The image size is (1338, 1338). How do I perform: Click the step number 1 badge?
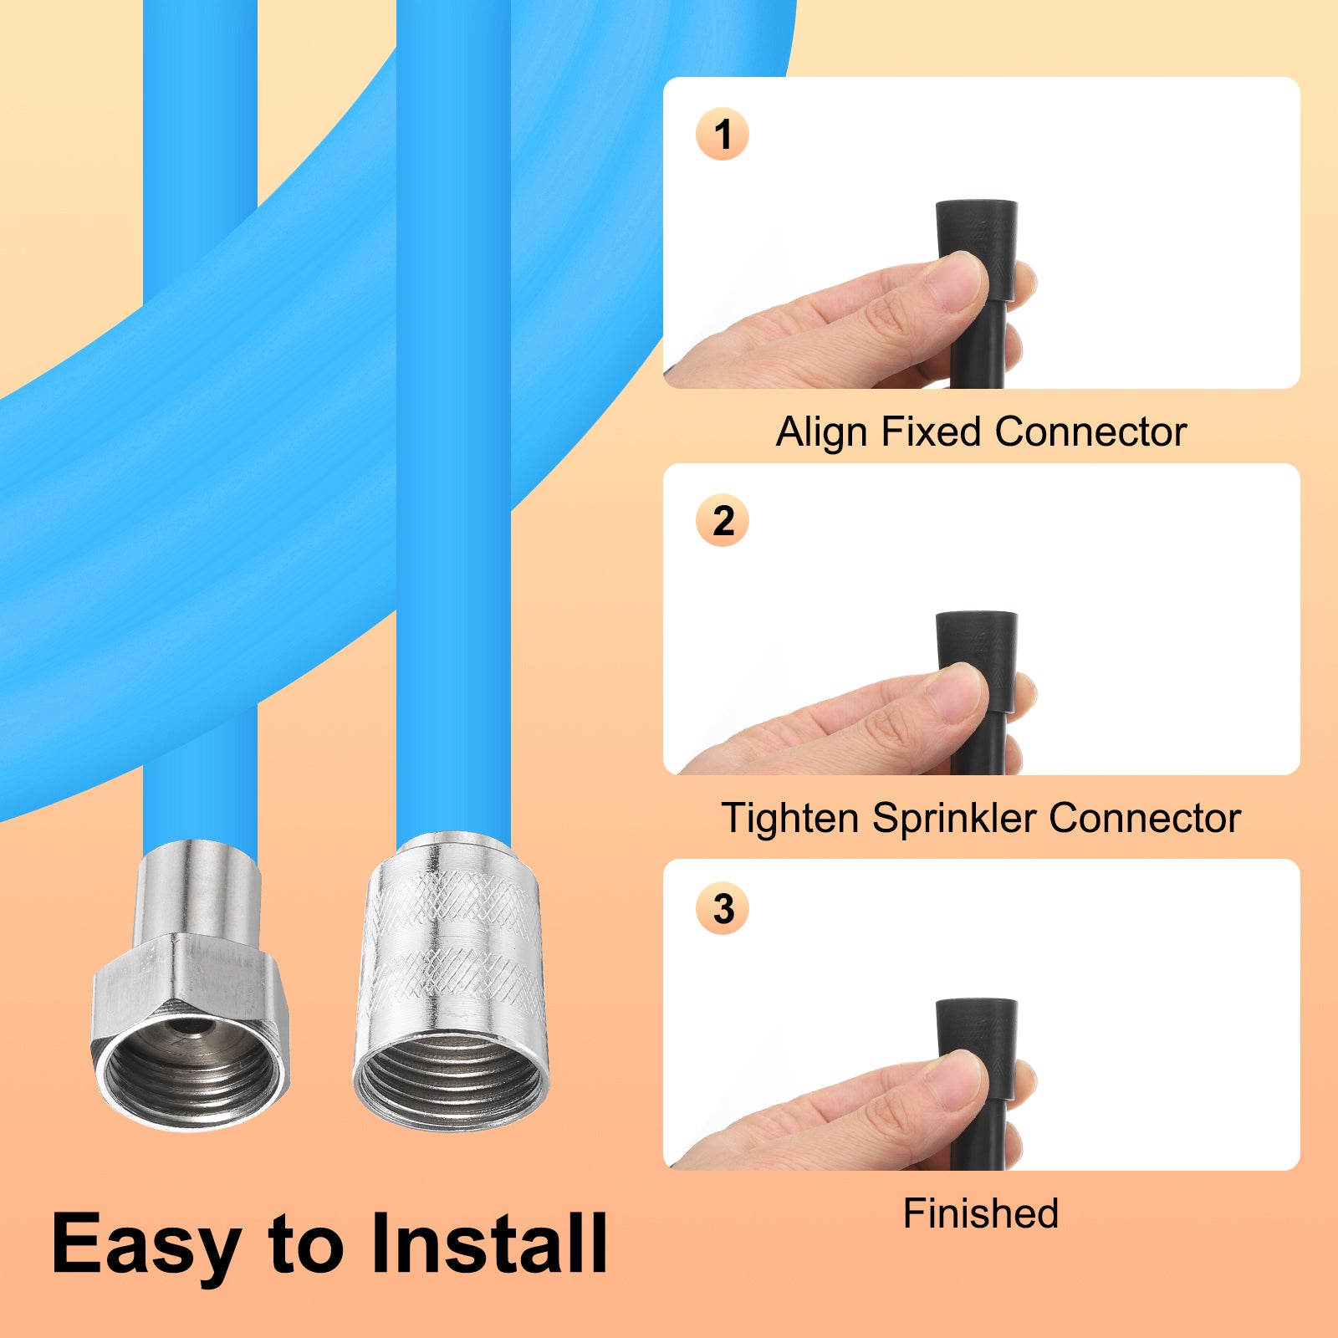pos(723,134)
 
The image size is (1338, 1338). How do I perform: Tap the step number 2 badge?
pos(723,520)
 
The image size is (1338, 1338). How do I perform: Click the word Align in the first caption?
pos(822,433)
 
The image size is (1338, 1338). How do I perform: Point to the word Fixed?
pos(931,432)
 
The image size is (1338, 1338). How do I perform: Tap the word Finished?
pos(981,1213)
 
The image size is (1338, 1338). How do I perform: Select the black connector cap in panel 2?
pos(977,661)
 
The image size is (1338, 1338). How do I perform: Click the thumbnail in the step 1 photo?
pos(954,284)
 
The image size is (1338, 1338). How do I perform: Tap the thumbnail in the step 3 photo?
pos(954,1083)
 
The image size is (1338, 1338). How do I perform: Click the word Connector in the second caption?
pos(1145,819)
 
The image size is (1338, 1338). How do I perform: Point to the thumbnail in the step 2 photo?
pos(954,697)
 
